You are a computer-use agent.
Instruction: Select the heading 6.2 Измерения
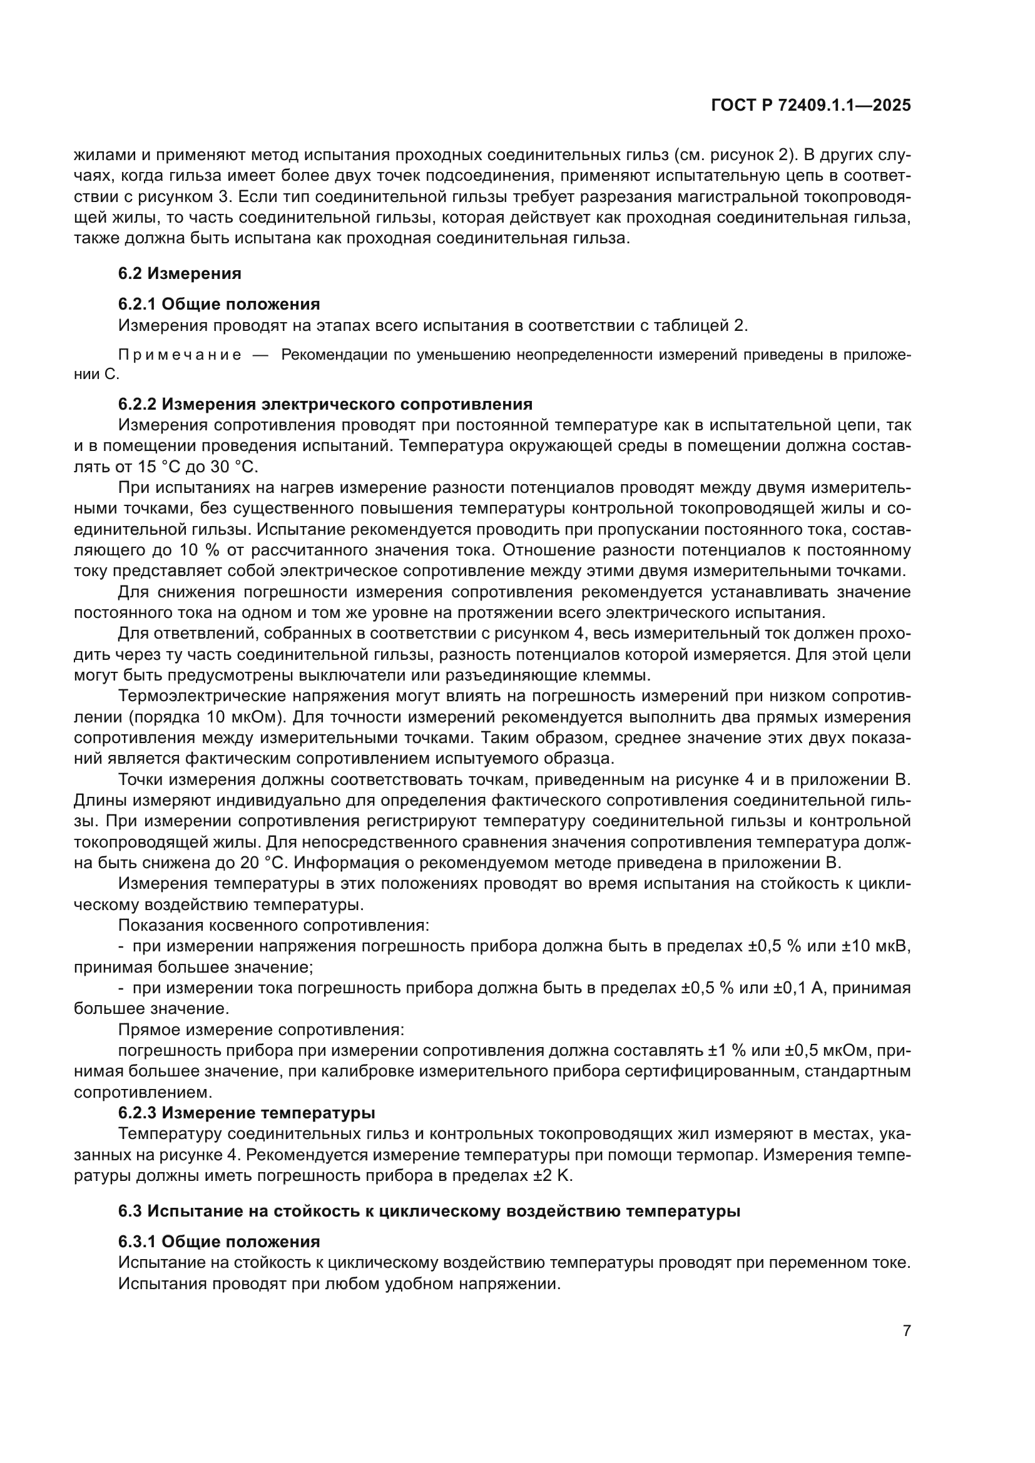click(x=179, y=273)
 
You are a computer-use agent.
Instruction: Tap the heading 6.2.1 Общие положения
click(x=218, y=303)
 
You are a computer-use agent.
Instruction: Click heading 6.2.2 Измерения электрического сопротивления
click(x=325, y=404)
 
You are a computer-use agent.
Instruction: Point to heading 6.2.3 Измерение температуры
click(x=247, y=1113)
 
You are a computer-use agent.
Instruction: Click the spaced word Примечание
click(x=180, y=355)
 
